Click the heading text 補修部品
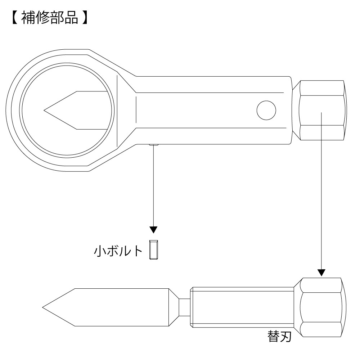pyautogui.click(x=50, y=18)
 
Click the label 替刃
pyautogui.click(x=279, y=337)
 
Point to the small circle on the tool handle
pyautogui.click(x=266, y=110)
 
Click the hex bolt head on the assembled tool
pyautogui.click(x=322, y=110)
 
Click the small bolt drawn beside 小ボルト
pyautogui.click(x=153, y=250)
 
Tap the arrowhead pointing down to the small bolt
pyautogui.click(x=153, y=230)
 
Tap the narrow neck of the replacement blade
pyautogui.click(x=185, y=307)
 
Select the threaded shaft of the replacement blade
pyautogui.click(x=242, y=307)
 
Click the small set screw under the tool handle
pyautogui.click(x=154, y=145)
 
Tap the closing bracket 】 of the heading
pyautogui.click(x=85, y=18)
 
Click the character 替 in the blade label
pyautogui.click(x=274, y=337)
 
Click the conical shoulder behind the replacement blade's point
pyautogui.click(x=174, y=307)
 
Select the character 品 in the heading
pyautogui.click(x=71, y=18)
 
